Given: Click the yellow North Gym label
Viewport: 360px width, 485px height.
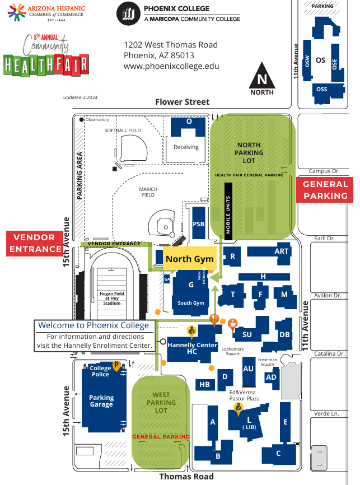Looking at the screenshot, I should [190, 259].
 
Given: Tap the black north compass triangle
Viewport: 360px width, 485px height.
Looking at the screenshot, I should [262, 78].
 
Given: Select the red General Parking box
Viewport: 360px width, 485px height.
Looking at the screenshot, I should [325, 190].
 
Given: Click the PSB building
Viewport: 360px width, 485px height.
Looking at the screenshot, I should [198, 223].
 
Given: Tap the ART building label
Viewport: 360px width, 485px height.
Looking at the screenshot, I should [282, 251].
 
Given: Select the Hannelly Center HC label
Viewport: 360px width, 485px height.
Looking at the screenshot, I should [192, 348].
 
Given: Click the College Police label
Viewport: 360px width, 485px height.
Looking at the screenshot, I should [101, 371].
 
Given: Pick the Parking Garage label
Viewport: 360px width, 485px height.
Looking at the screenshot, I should [101, 401].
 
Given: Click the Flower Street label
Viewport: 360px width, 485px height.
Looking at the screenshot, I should [182, 102].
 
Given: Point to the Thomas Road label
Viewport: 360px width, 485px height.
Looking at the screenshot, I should [186, 477].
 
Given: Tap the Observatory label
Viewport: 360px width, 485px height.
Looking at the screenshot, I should [97, 119].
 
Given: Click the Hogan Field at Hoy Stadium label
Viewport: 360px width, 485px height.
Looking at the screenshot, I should [111, 298].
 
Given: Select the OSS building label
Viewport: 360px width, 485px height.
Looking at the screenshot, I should [321, 90].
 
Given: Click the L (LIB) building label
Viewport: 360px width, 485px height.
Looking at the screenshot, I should [249, 422].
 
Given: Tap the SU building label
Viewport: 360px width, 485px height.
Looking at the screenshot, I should [247, 335].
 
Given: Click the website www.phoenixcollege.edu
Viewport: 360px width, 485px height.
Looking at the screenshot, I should [171, 66].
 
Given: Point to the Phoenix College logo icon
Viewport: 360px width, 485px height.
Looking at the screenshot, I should [128, 13].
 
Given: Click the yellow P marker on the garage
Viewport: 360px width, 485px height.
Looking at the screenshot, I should [116, 366].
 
